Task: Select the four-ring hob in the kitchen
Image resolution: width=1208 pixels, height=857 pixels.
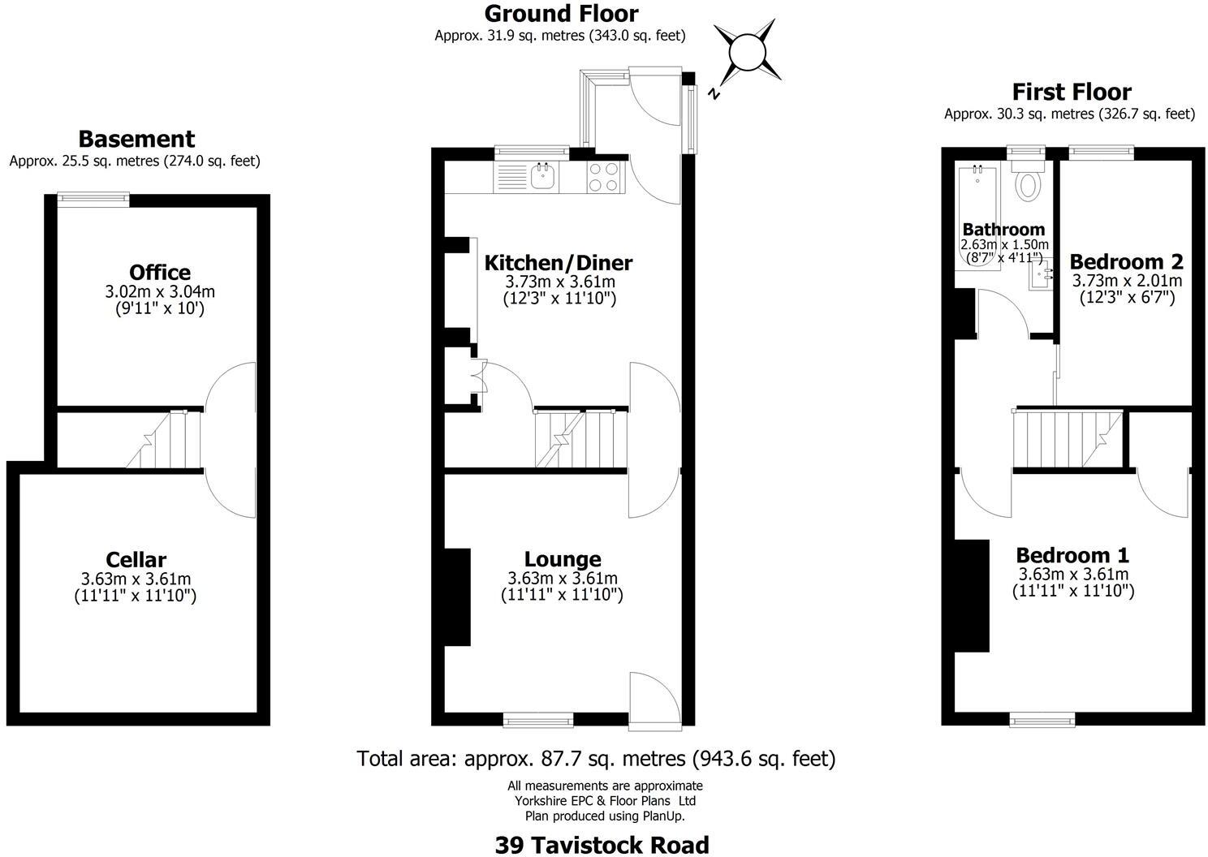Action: click(603, 176)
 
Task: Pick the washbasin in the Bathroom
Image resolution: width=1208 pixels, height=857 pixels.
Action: click(1042, 276)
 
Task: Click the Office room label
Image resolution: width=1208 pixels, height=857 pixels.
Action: click(160, 273)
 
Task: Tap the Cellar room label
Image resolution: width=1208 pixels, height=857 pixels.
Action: click(136, 560)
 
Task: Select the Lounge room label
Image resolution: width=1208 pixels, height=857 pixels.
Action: click(563, 559)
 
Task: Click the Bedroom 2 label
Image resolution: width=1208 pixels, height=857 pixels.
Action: click(1126, 261)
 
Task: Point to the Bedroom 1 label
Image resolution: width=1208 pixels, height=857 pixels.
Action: click(1072, 555)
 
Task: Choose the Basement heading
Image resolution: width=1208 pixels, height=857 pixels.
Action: click(136, 139)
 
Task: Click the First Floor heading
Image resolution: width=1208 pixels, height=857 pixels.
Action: click(1071, 92)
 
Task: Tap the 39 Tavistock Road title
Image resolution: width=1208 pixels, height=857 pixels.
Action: click(602, 845)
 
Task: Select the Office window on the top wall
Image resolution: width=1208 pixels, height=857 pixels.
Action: click(93, 195)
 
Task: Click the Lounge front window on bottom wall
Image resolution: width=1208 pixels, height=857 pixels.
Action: click(537, 718)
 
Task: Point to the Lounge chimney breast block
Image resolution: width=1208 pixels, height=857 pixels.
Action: click(457, 596)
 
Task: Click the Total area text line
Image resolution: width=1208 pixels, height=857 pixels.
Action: click(596, 759)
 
